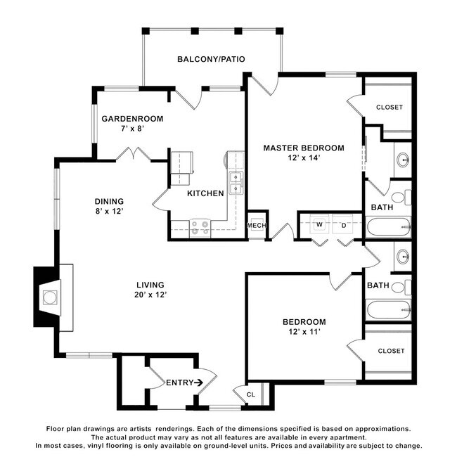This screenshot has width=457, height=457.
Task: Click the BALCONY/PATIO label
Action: pyautogui.click(x=211, y=59)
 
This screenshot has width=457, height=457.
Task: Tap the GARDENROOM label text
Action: pyautogui.click(x=132, y=119)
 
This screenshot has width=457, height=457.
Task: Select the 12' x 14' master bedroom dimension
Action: pyautogui.click(x=304, y=157)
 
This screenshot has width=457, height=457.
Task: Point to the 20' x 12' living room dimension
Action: pyautogui.click(x=150, y=295)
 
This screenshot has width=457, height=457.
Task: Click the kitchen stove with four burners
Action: pyautogui.click(x=200, y=228)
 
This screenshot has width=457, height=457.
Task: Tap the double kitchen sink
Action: pyautogui.click(x=236, y=183)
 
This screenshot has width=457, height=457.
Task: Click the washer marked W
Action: pyautogui.click(x=319, y=225)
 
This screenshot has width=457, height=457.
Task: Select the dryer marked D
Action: pyautogui.click(x=344, y=225)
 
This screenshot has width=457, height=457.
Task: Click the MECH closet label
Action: pyautogui.click(x=257, y=225)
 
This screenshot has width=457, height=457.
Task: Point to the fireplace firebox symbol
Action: pyautogui.click(x=50, y=297)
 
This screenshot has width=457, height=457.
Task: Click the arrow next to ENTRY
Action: pyautogui.click(x=198, y=382)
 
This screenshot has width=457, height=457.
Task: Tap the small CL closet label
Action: pyautogui.click(x=251, y=394)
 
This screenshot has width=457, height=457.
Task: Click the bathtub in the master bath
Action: pyautogui.click(x=389, y=227)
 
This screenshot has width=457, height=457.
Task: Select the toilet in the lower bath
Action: pyautogui.click(x=401, y=287)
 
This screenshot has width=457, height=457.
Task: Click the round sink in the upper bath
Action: pyautogui.click(x=404, y=160)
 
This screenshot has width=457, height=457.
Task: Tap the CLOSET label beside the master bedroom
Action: pyautogui.click(x=390, y=108)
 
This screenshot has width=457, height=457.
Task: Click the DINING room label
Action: pyautogui.click(x=109, y=201)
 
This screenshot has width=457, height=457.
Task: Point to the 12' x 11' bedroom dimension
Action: pyautogui.click(x=304, y=332)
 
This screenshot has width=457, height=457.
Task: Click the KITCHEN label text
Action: pyautogui.click(x=205, y=193)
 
